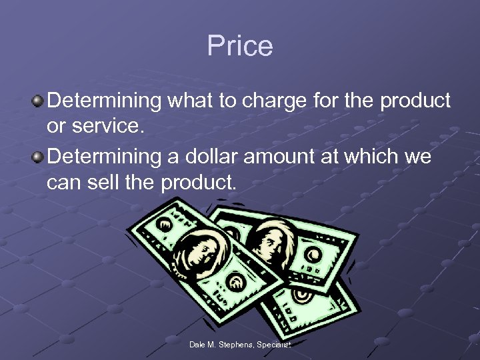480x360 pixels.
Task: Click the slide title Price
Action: pyautogui.click(x=240, y=46)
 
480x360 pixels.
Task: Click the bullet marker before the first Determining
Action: pyautogui.click(x=38, y=101)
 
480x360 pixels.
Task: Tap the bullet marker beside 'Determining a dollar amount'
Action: pyautogui.click(x=38, y=158)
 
